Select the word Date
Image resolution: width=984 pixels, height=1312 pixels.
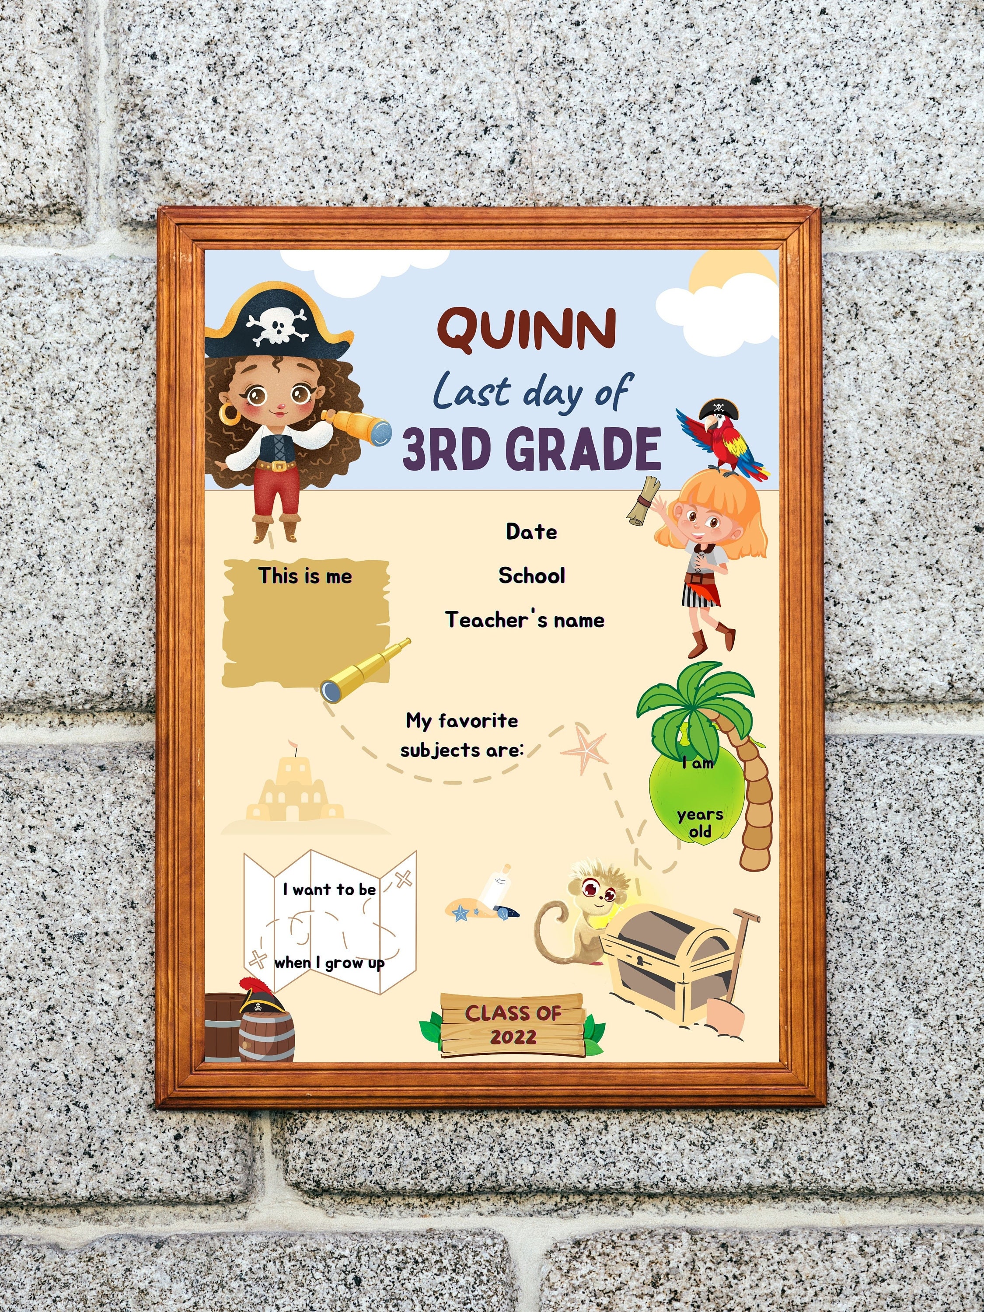pyautogui.click(x=531, y=531)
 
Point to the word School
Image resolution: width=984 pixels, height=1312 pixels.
pyautogui.click(x=531, y=576)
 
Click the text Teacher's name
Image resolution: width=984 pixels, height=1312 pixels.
pyautogui.click(x=525, y=620)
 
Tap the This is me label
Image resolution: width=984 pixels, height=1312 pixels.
pyautogui.click(x=305, y=576)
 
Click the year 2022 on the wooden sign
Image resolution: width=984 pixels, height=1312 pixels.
pyautogui.click(x=513, y=1037)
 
